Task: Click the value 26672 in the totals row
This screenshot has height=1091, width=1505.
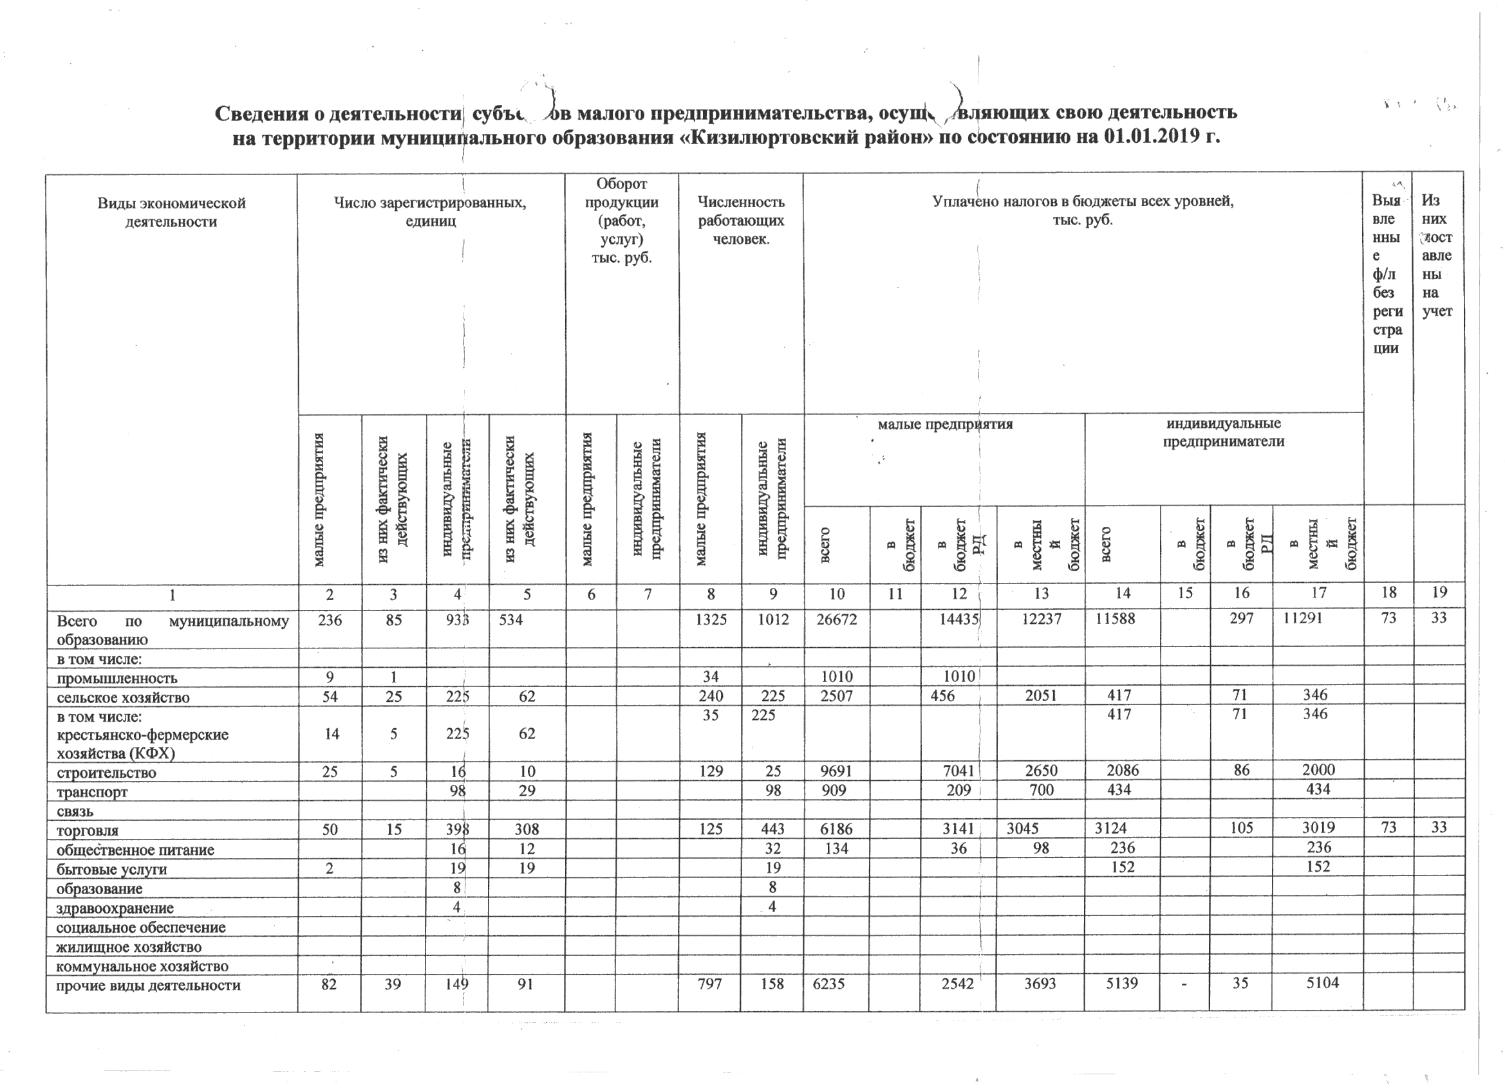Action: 836,619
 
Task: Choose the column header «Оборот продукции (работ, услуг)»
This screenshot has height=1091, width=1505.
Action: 621,220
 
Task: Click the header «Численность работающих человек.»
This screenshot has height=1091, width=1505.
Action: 740,220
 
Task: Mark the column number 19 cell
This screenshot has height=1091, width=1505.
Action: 1439,592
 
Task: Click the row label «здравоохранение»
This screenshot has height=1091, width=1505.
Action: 115,908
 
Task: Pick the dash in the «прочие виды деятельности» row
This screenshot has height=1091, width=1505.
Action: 1184,984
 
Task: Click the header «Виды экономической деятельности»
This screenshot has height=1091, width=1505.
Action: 171,212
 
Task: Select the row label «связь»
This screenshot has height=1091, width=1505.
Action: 75,812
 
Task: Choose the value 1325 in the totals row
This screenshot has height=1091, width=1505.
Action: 711,619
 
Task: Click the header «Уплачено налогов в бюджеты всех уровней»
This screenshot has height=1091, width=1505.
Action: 1082,210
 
